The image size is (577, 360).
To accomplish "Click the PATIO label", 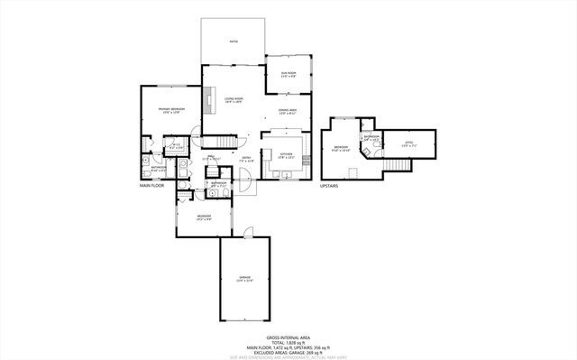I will tap(233, 42).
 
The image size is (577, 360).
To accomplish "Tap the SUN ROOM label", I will tap(288, 74).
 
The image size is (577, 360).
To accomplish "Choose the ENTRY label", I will tap(245, 156).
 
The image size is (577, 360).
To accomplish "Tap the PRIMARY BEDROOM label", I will tap(171, 110).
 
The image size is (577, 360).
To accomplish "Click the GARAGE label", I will tap(244, 278).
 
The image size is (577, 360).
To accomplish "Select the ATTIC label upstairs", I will tap(409, 140).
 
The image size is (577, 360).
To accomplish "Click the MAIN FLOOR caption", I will tap(152, 186).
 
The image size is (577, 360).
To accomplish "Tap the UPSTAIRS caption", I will tap(329, 186).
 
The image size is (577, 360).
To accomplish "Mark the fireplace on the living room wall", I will tap(206, 99).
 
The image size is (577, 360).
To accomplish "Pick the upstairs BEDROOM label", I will tap(341, 148).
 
